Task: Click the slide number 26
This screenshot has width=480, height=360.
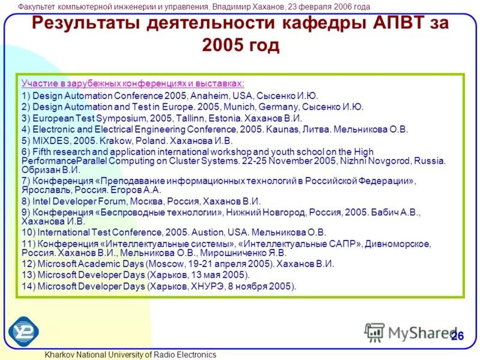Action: pos(457,335)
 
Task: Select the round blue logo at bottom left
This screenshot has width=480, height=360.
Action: pos(23,330)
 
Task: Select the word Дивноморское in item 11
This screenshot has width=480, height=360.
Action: pos(400,243)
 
